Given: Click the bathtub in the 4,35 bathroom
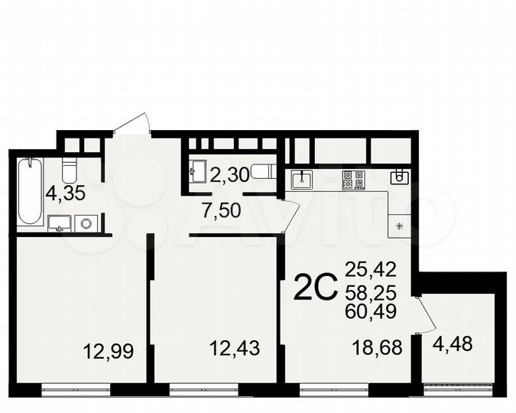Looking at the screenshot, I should click(x=30, y=191).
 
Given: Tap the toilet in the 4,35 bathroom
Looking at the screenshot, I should click(x=67, y=168).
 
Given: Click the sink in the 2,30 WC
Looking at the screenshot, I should click(x=197, y=171).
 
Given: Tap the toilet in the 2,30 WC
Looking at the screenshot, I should click(x=262, y=171).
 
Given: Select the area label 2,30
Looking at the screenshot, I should click(x=229, y=176).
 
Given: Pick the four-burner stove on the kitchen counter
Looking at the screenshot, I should click(x=353, y=180).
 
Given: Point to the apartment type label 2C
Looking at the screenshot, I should click(x=316, y=289).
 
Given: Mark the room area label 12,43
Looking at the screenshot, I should click(x=235, y=348).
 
